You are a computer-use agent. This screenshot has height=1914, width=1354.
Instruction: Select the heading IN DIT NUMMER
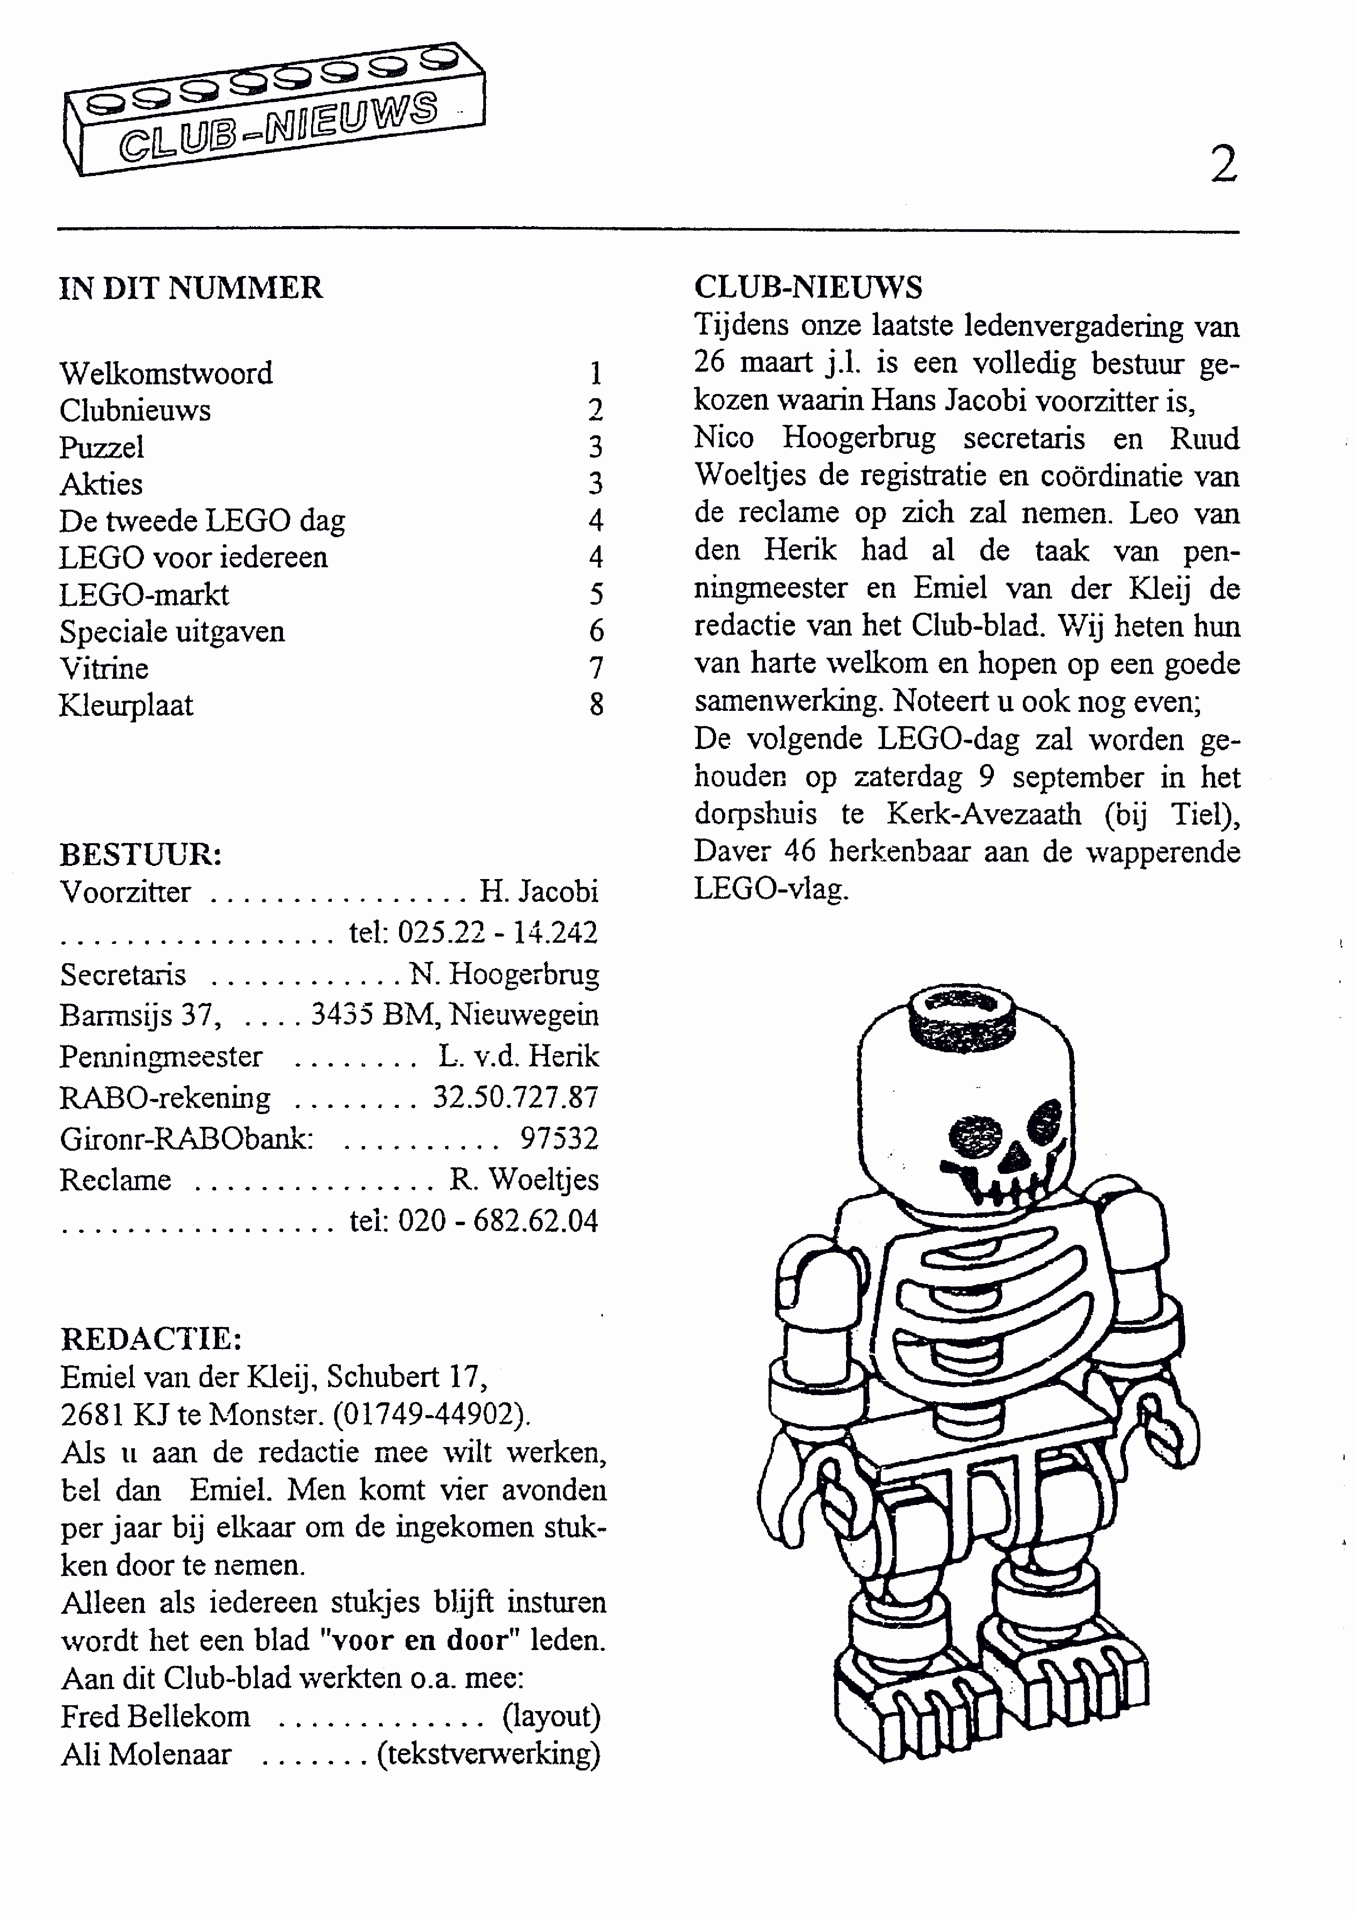pyautogui.click(x=190, y=287)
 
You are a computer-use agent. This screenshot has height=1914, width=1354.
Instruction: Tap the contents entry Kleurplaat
pyautogui.click(x=126, y=705)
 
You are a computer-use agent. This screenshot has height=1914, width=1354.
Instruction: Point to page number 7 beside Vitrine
pyautogui.click(x=595, y=668)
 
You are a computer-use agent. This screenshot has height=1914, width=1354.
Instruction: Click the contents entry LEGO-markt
pyautogui.click(x=144, y=594)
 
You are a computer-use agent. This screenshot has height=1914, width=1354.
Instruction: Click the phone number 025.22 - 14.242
pyautogui.click(x=497, y=932)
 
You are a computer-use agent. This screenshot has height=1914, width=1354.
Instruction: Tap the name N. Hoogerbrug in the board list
pyautogui.click(x=504, y=974)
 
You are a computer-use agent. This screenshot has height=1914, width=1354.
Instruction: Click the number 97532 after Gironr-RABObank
pyautogui.click(x=559, y=1138)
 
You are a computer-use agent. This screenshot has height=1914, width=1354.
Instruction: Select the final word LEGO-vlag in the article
pyautogui.click(x=771, y=889)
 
